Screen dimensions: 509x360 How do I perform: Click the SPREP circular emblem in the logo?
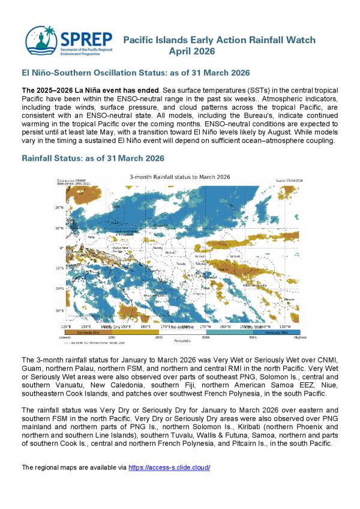click(x=42, y=39)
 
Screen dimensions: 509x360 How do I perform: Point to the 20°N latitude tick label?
click(x=59, y=208)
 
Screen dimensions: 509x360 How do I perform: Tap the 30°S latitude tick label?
click(x=59, y=310)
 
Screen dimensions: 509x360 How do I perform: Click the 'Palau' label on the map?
click(x=74, y=236)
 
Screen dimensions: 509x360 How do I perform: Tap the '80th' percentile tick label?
click(x=206, y=338)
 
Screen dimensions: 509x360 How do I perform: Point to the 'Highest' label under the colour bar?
click(x=299, y=338)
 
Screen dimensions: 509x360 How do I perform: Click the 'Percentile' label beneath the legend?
click(x=182, y=341)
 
